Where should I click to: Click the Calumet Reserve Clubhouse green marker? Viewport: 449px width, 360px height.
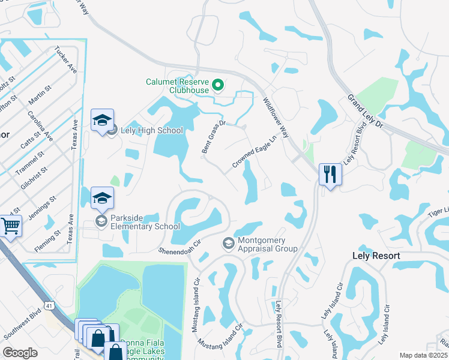tap(218, 86)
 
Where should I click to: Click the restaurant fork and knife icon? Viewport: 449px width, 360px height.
tap(330, 175)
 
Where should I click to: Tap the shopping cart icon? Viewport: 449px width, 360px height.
tap(10, 226)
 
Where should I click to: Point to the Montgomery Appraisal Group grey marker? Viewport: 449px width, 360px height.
tap(228, 244)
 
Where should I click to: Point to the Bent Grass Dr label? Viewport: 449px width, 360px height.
tap(213, 137)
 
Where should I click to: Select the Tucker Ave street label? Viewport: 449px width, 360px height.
tap(65, 60)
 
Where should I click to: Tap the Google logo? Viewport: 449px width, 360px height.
tap(20, 352)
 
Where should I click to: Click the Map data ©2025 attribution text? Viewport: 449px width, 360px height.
tap(423, 355)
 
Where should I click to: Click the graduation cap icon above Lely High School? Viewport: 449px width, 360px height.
tap(102, 120)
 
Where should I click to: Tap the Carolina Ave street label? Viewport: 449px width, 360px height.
tap(40, 125)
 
